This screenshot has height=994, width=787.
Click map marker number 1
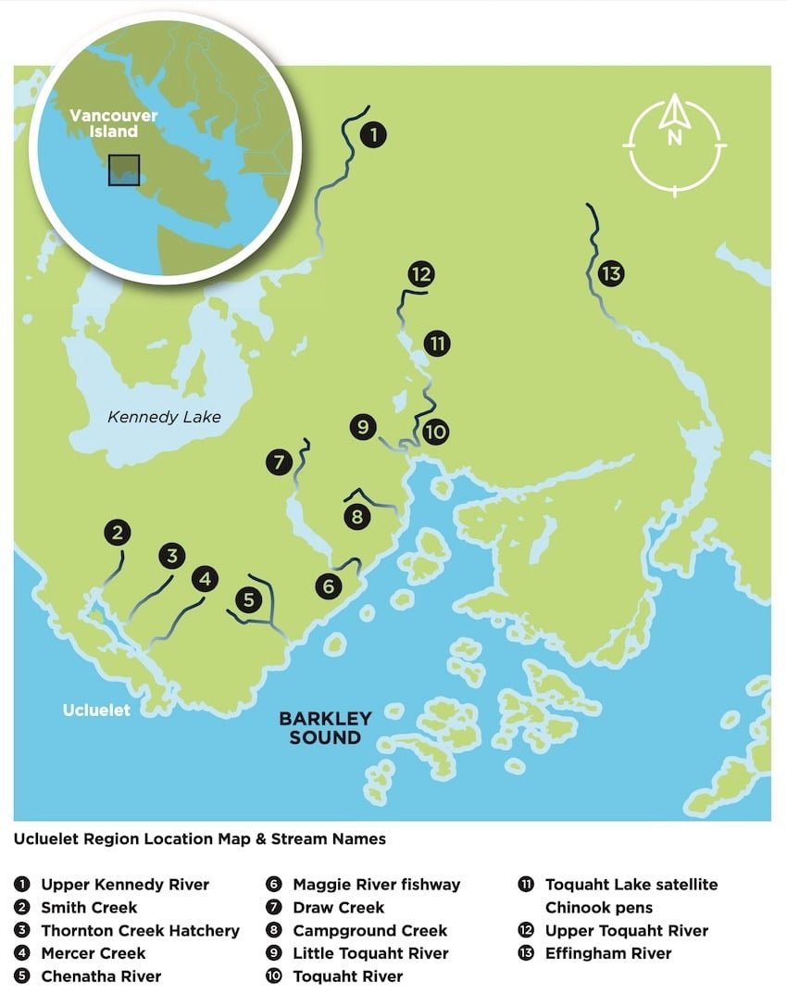point(372,135)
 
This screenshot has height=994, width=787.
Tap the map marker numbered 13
point(610,273)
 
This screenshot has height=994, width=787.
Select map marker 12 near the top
point(420,274)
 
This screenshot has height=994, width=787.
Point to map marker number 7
point(279,461)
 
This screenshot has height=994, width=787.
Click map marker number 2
point(117,533)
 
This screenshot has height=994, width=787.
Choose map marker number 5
point(248,599)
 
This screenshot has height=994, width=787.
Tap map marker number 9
point(363,427)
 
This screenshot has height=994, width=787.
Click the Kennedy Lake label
point(164,417)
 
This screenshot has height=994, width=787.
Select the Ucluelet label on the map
point(96,711)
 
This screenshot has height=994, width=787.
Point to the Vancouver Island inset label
point(114,124)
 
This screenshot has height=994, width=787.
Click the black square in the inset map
point(123,170)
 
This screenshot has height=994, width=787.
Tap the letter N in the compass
point(675,139)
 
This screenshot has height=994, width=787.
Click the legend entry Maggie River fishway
point(376,885)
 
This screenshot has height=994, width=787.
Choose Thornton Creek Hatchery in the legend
point(140,930)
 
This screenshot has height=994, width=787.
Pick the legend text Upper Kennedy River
point(125,885)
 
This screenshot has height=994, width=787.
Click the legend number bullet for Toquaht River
point(275,976)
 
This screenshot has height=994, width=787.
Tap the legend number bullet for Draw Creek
point(275,908)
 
